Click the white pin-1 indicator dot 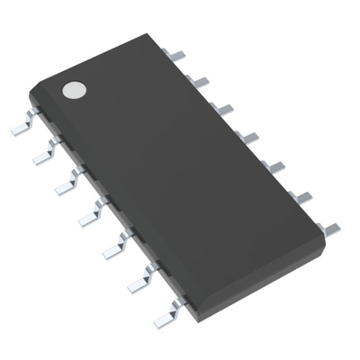coord(74,90)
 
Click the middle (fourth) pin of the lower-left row coord(91,214)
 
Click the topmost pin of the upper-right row coord(177,56)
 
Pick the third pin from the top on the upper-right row coord(222,109)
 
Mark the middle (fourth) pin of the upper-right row coord(247,137)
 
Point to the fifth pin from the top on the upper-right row coord(274,166)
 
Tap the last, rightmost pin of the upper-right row coord(330,229)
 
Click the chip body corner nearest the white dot coord(31,90)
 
